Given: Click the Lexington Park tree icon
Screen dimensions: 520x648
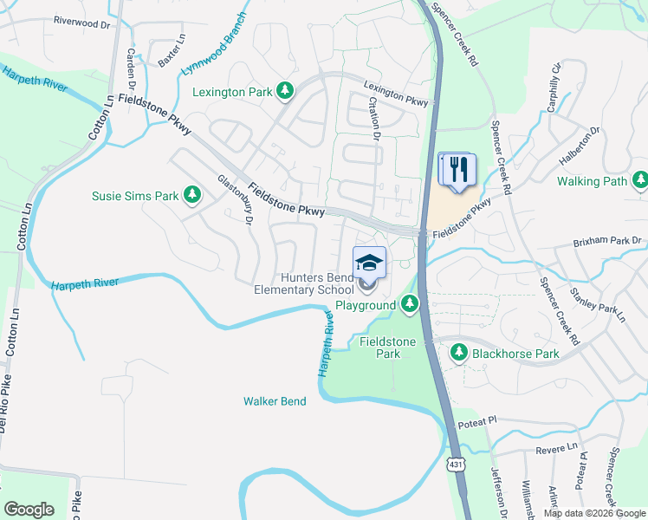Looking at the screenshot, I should (x=284, y=90).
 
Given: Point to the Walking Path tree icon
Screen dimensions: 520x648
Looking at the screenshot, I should (x=639, y=181).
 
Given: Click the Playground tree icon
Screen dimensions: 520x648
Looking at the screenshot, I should (x=410, y=305).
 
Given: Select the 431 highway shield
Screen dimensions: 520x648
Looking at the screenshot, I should (x=457, y=465).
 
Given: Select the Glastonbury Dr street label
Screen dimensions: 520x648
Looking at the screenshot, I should (x=234, y=200).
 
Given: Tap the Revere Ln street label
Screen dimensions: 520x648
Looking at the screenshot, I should (x=556, y=448).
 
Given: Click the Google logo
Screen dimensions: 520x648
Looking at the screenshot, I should (x=29, y=510).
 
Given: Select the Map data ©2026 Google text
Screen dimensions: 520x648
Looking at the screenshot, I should (x=593, y=513).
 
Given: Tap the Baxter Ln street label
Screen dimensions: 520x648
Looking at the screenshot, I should (x=171, y=51).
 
